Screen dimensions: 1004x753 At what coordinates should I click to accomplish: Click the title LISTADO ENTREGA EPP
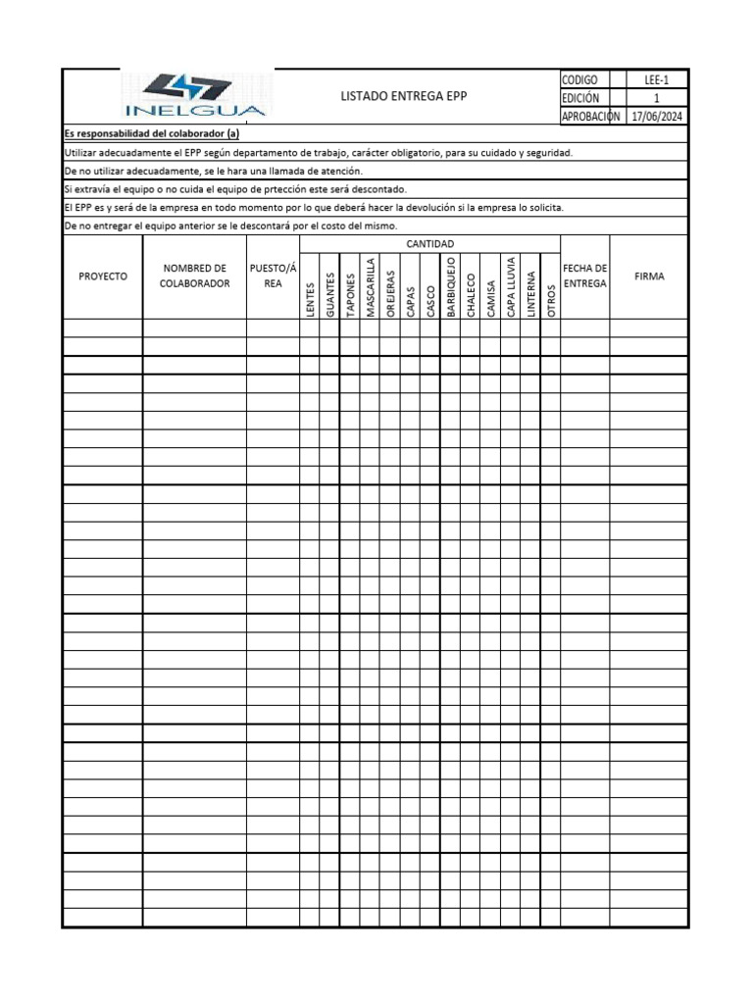(x=403, y=96)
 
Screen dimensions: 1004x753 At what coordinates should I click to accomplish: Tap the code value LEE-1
(x=657, y=79)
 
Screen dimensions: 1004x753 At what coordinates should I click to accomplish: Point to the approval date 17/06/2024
(x=657, y=116)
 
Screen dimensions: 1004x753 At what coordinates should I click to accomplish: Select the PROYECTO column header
(x=103, y=276)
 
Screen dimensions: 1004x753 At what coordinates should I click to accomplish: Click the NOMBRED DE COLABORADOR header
(x=194, y=276)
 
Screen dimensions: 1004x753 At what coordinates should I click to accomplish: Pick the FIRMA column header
(x=649, y=276)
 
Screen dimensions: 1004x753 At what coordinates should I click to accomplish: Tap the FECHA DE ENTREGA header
(x=585, y=276)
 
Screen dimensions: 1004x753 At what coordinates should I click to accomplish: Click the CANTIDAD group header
(x=429, y=243)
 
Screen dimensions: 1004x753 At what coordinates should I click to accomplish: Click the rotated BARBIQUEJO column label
(x=451, y=286)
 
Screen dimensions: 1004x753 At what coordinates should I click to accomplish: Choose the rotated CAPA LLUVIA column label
(x=511, y=286)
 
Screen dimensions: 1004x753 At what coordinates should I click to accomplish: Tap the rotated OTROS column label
(x=551, y=300)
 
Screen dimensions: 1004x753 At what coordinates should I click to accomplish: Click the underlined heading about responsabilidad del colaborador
(x=152, y=134)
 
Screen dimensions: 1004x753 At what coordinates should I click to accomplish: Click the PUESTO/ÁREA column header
(x=273, y=276)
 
